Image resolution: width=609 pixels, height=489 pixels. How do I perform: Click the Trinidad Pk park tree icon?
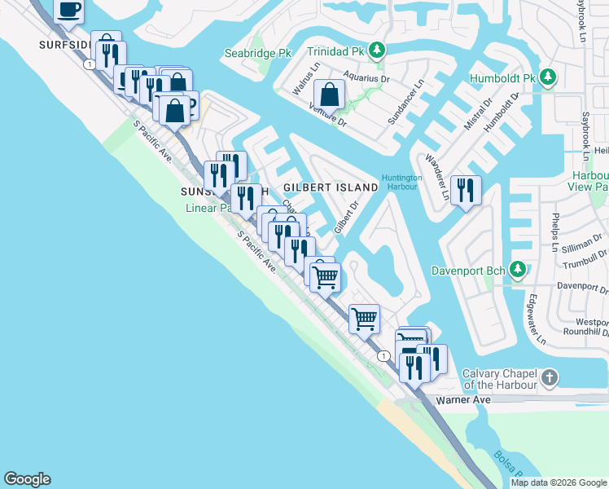[x=376, y=51]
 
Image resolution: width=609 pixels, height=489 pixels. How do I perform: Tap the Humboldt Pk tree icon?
[x=549, y=77]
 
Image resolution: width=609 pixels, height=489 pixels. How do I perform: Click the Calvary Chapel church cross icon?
[x=550, y=377]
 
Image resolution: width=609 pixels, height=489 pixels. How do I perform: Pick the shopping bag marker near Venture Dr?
[x=329, y=94]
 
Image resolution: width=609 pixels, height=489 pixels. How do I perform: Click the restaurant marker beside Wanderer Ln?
[x=465, y=190]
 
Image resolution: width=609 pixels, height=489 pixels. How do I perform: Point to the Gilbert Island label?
[x=331, y=187]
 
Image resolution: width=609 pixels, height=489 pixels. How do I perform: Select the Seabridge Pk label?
[x=257, y=54]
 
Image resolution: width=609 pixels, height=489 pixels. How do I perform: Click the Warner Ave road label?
[x=463, y=400]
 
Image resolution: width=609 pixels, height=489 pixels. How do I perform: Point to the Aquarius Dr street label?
[x=368, y=77]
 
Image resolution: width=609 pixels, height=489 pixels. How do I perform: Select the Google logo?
[x=27, y=479]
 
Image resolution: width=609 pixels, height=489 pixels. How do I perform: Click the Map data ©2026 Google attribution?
[x=559, y=482]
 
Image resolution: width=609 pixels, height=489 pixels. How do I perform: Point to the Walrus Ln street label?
[x=304, y=75]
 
